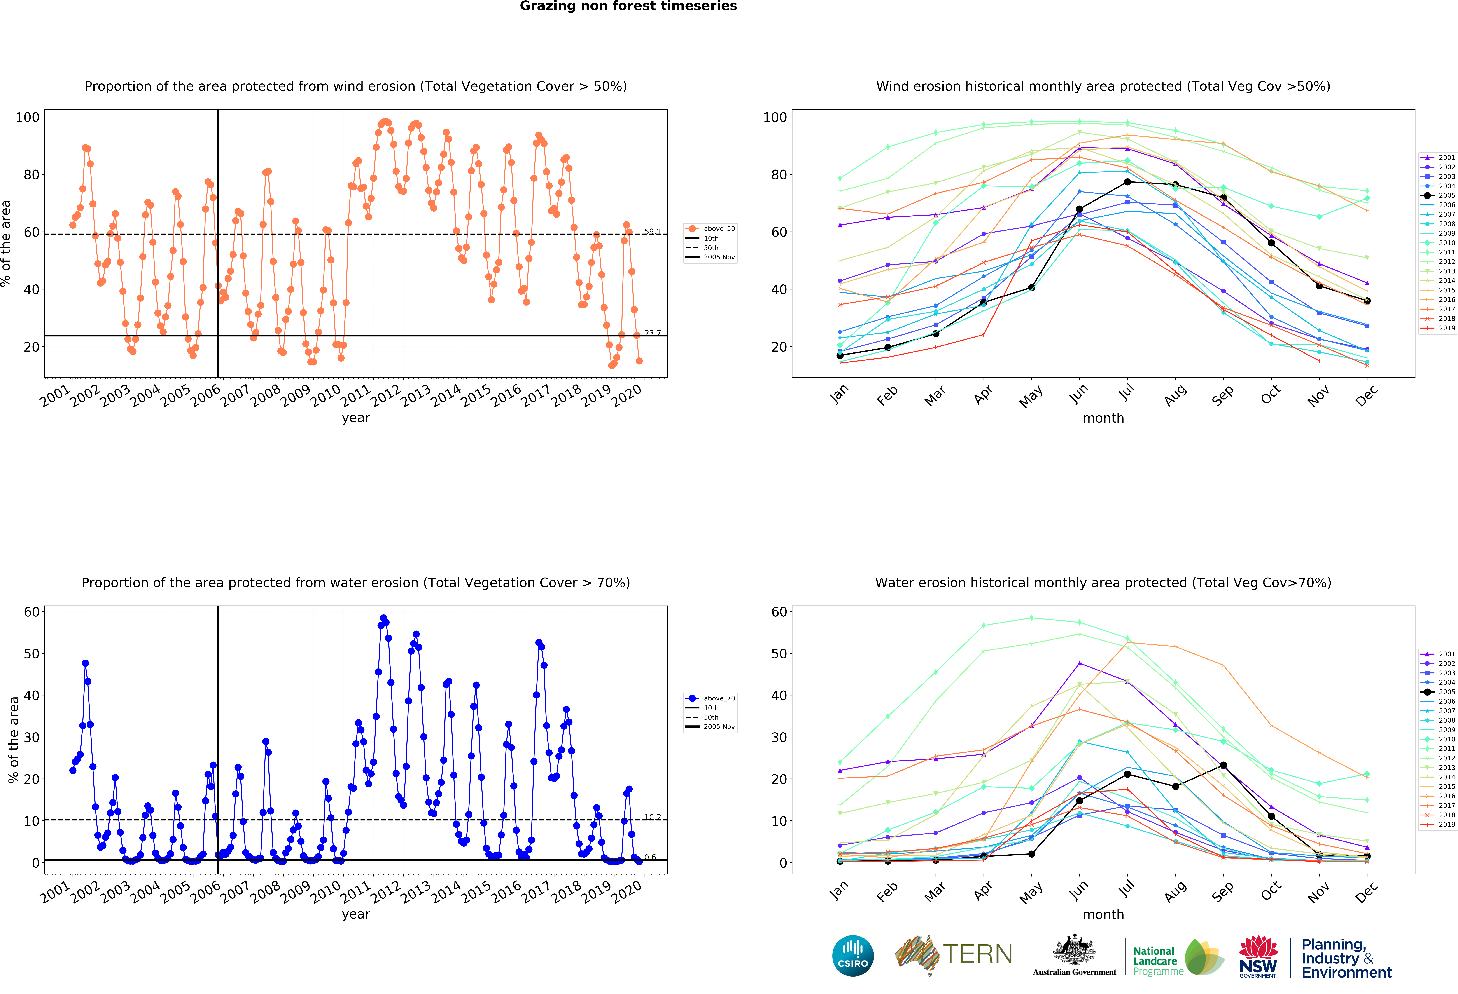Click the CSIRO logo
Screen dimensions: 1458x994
[x=853, y=956]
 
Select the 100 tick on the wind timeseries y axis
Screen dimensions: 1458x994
[x=28, y=117]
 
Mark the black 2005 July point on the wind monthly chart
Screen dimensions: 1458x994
[x=1127, y=182]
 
